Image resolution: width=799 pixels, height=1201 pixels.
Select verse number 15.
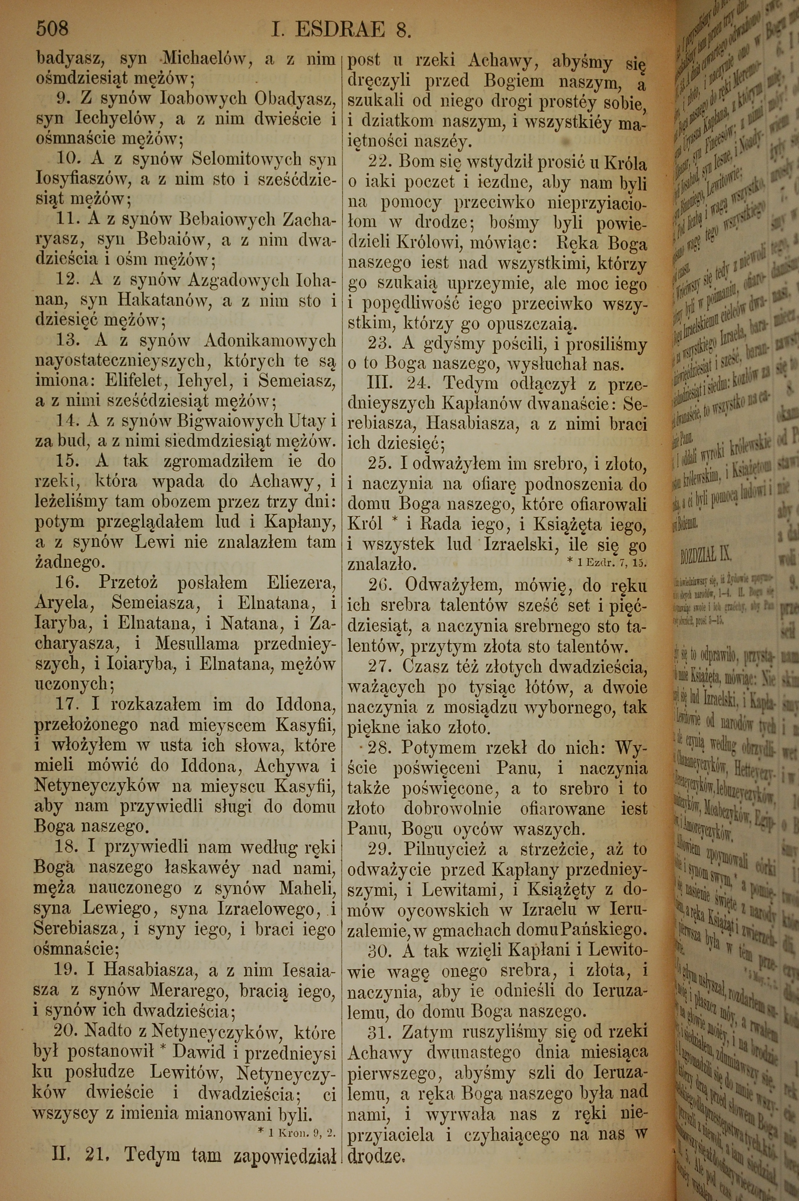pos(69,461)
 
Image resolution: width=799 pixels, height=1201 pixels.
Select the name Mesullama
pos(197,644)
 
